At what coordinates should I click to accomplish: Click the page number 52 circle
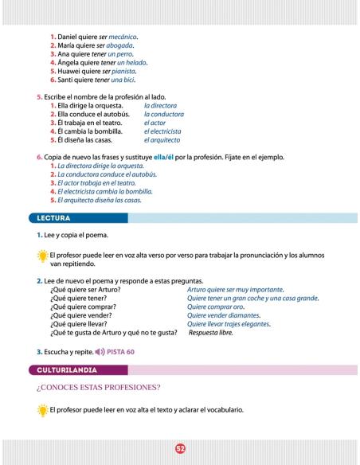point(180,448)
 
